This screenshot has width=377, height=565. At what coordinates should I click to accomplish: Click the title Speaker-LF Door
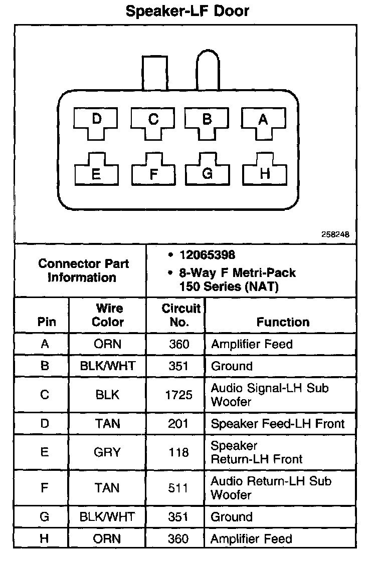coord(187,11)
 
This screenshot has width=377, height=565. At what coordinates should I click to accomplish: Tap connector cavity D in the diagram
coord(97,120)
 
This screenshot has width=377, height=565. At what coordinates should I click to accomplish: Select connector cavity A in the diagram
coord(264,120)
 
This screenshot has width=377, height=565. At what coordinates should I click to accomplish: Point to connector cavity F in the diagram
coord(153,173)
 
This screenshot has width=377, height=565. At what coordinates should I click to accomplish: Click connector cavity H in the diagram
coord(265,173)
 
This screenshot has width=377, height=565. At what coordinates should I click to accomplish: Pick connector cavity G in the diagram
coord(207,173)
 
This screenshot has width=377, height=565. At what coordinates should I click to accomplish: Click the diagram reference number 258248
coord(335,234)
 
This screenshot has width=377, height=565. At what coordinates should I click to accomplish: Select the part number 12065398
coord(207,255)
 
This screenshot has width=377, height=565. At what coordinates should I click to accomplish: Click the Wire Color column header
coord(108,315)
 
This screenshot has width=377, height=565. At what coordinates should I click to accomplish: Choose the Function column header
coord(283,322)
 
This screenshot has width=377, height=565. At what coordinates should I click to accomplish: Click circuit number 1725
coord(178,395)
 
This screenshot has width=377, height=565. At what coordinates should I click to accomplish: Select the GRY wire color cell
coord(107,452)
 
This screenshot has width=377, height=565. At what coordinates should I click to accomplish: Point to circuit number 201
coord(179,424)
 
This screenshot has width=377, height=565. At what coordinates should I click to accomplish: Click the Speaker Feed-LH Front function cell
coord(278,424)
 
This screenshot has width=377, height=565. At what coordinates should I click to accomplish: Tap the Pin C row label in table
coord(45,395)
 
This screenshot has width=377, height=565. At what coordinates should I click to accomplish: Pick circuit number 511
coord(179,488)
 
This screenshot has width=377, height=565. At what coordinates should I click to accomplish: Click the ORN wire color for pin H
coord(107,538)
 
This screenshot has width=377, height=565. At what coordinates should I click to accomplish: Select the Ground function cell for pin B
coord(232,366)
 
